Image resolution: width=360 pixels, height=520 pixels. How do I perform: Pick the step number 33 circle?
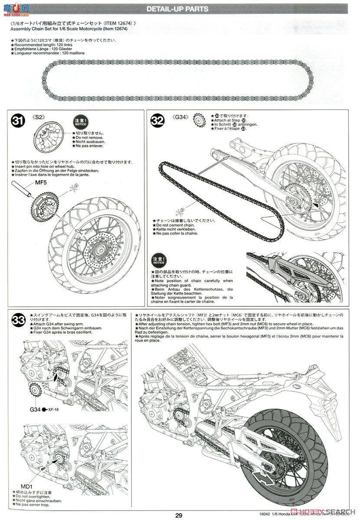coord(19,321)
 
